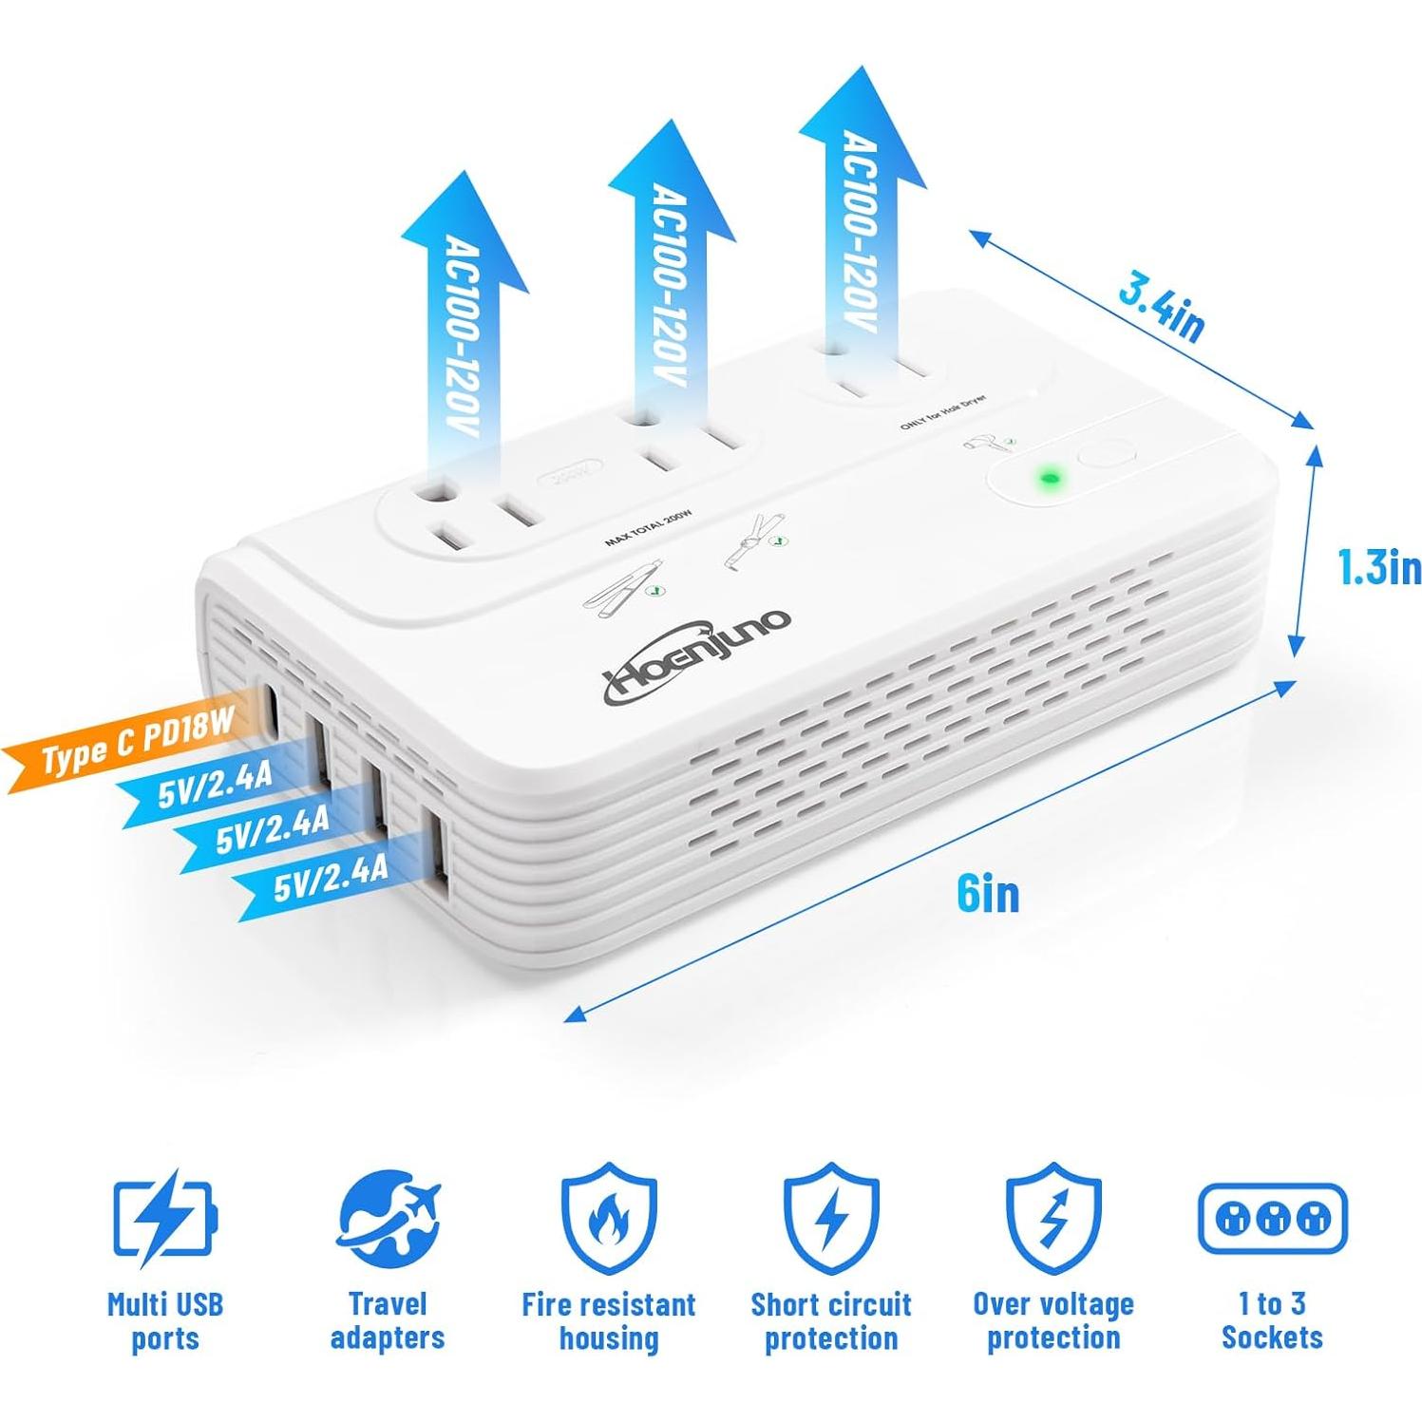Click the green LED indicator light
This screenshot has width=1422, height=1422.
click(1049, 475)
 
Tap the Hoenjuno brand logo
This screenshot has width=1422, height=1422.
click(697, 656)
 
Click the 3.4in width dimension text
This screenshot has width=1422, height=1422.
click(1161, 305)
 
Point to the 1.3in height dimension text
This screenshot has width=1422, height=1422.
click(1378, 567)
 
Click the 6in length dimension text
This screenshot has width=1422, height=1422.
click(988, 894)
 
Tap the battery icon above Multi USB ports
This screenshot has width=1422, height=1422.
click(163, 1218)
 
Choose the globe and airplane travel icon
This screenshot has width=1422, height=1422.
click(388, 1219)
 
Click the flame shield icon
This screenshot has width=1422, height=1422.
click(608, 1219)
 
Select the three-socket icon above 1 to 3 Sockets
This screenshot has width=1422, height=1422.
click(1272, 1219)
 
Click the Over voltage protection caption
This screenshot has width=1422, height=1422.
click(1052, 1320)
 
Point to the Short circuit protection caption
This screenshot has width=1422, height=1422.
click(831, 1320)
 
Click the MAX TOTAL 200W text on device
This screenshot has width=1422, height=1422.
click(649, 529)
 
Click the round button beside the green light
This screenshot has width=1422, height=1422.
click(1108, 452)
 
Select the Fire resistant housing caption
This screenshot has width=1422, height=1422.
click(608, 1320)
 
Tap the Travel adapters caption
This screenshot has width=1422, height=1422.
click(388, 1320)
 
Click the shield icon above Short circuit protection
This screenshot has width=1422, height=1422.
click(831, 1219)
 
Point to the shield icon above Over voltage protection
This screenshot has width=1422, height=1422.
click(1052, 1219)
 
